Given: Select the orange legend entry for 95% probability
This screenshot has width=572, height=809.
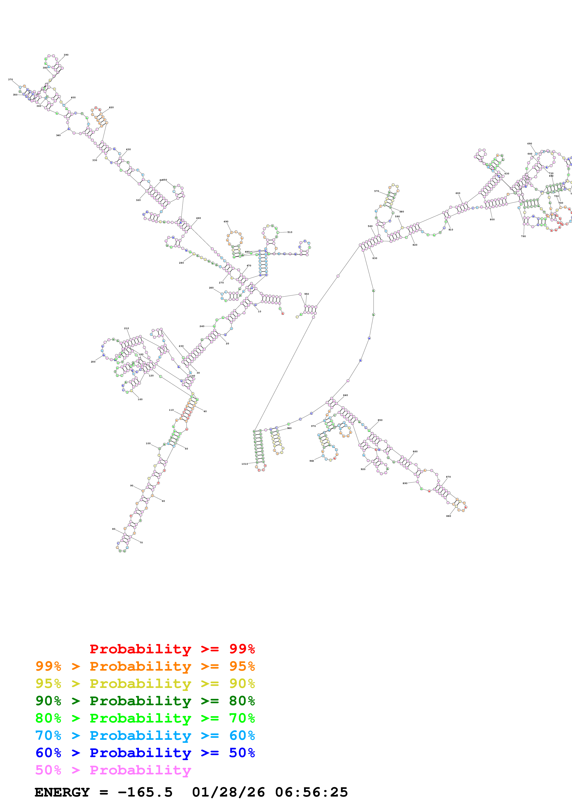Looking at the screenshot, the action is pyautogui.click(x=145, y=666).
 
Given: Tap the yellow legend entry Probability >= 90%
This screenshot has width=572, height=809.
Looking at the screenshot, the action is pyautogui.click(x=145, y=684).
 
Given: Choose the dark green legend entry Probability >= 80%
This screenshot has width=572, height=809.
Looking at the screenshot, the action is pyautogui.click(x=145, y=701).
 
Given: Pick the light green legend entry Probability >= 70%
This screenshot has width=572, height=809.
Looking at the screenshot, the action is pyautogui.click(x=145, y=718).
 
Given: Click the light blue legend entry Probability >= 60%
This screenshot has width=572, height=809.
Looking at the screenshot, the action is pyautogui.click(x=145, y=735).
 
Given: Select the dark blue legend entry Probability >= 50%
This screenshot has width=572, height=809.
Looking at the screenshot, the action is pyautogui.click(x=145, y=753).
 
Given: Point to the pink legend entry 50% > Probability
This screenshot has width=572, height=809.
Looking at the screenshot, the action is pyautogui.click(x=113, y=770).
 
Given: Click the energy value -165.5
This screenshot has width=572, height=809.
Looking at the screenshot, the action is pyautogui.click(x=145, y=792).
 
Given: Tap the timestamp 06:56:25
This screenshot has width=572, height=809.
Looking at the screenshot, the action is pyautogui.click(x=311, y=792).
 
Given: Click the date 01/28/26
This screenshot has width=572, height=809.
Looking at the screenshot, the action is pyautogui.click(x=228, y=792).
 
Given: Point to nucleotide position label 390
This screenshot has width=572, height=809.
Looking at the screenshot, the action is pyautogui.click(x=66, y=55).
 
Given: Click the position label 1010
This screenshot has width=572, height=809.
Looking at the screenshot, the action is pyautogui.click(x=245, y=464).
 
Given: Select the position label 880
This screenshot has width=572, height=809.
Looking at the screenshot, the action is pyautogui.click(x=448, y=516).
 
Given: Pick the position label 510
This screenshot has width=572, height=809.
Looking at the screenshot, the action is pyautogui.click(x=290, y=232).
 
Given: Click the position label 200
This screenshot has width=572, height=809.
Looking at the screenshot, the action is pyautogui.click(x=93, y=362).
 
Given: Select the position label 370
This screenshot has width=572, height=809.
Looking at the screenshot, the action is pyautogui.click(x=11, y=80).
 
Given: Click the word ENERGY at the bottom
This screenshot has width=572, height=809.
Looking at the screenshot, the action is pyautogui.click(x=62, y=792).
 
